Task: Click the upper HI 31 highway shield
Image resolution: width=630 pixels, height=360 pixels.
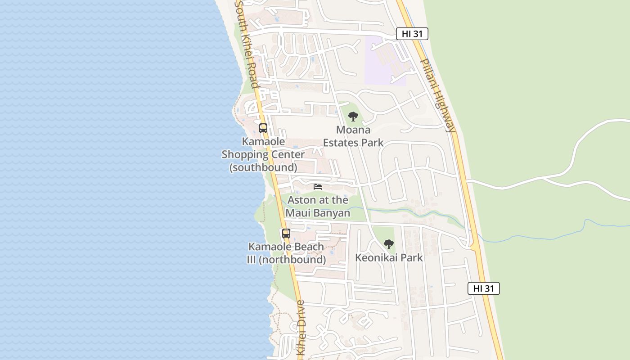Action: [412, 34]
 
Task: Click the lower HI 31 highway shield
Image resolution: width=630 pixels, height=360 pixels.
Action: [484, 288]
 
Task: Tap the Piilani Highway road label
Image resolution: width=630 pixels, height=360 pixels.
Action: [438, 95]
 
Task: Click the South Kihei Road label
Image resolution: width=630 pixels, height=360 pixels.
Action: [247, 44]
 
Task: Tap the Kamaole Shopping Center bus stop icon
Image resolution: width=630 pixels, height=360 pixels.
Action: [263, 128]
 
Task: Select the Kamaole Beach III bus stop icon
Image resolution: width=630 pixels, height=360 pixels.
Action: [286, 234]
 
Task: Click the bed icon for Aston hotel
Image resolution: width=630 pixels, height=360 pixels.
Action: [318, 186]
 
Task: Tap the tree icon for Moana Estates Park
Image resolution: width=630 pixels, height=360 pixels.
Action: [353, 117]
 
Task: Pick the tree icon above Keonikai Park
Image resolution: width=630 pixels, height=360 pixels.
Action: [388, 244]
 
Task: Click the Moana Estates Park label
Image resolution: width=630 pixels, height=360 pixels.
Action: [353, 136]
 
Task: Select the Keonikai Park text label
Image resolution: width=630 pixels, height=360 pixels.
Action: [389, 258]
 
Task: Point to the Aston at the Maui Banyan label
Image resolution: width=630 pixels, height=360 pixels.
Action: [318, 206]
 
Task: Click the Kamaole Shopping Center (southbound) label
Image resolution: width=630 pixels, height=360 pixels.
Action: [263, 154]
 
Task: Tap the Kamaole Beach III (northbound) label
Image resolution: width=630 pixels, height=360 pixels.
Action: [286, 253]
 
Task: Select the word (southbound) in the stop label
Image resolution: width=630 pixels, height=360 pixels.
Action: [263, 167]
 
